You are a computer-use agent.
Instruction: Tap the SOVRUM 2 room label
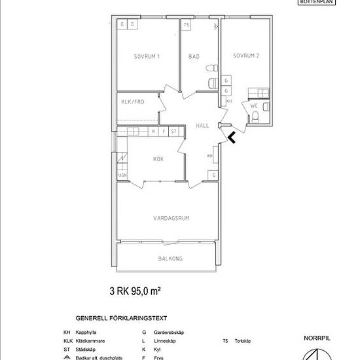tap(246, 56)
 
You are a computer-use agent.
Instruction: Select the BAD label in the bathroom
tap(194, 57)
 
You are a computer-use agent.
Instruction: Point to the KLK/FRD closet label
tap(132, 101)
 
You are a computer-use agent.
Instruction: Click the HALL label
tap(202, 126)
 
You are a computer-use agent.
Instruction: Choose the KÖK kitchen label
tap(158, 159)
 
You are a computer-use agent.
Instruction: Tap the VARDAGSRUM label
tap(171, 218)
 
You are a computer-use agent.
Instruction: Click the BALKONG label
tap(170, 259)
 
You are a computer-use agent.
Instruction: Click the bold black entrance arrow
tap(232, 137)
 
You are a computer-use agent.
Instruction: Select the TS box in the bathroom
tap(187, 25)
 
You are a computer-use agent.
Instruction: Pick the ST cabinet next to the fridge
tap(173, 132)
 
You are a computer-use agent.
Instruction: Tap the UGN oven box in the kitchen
tap(122, 175)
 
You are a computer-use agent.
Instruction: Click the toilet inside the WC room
tap(256, 117)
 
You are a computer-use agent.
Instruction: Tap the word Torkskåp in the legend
tap(245, 341)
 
